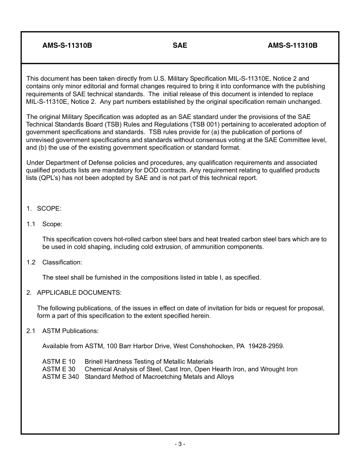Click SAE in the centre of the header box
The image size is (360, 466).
point(180,45)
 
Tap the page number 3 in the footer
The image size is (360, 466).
point(180,444)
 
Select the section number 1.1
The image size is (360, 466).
point(31,224)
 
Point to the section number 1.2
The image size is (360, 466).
point(31,262)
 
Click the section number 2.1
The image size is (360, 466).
point(31,331)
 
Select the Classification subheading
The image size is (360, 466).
point(62,262)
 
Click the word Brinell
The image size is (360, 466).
point(94,361)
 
